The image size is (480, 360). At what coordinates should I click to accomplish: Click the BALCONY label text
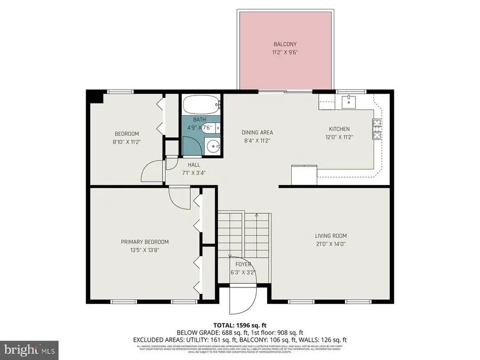[285, 44]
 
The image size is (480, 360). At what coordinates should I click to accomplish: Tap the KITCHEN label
[339, 129]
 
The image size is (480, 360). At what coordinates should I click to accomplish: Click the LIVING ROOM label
[331, 236]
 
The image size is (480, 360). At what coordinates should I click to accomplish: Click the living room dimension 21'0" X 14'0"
[331, 244]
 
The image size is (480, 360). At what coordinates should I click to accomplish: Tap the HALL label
[194, 165]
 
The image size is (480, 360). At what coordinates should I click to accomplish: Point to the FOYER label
[243, 264]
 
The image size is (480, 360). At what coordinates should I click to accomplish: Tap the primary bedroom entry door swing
[179, 199]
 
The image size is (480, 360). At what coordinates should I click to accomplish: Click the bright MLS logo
[30, 350]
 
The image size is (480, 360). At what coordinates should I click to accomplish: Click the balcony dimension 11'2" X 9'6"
[285, 53]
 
